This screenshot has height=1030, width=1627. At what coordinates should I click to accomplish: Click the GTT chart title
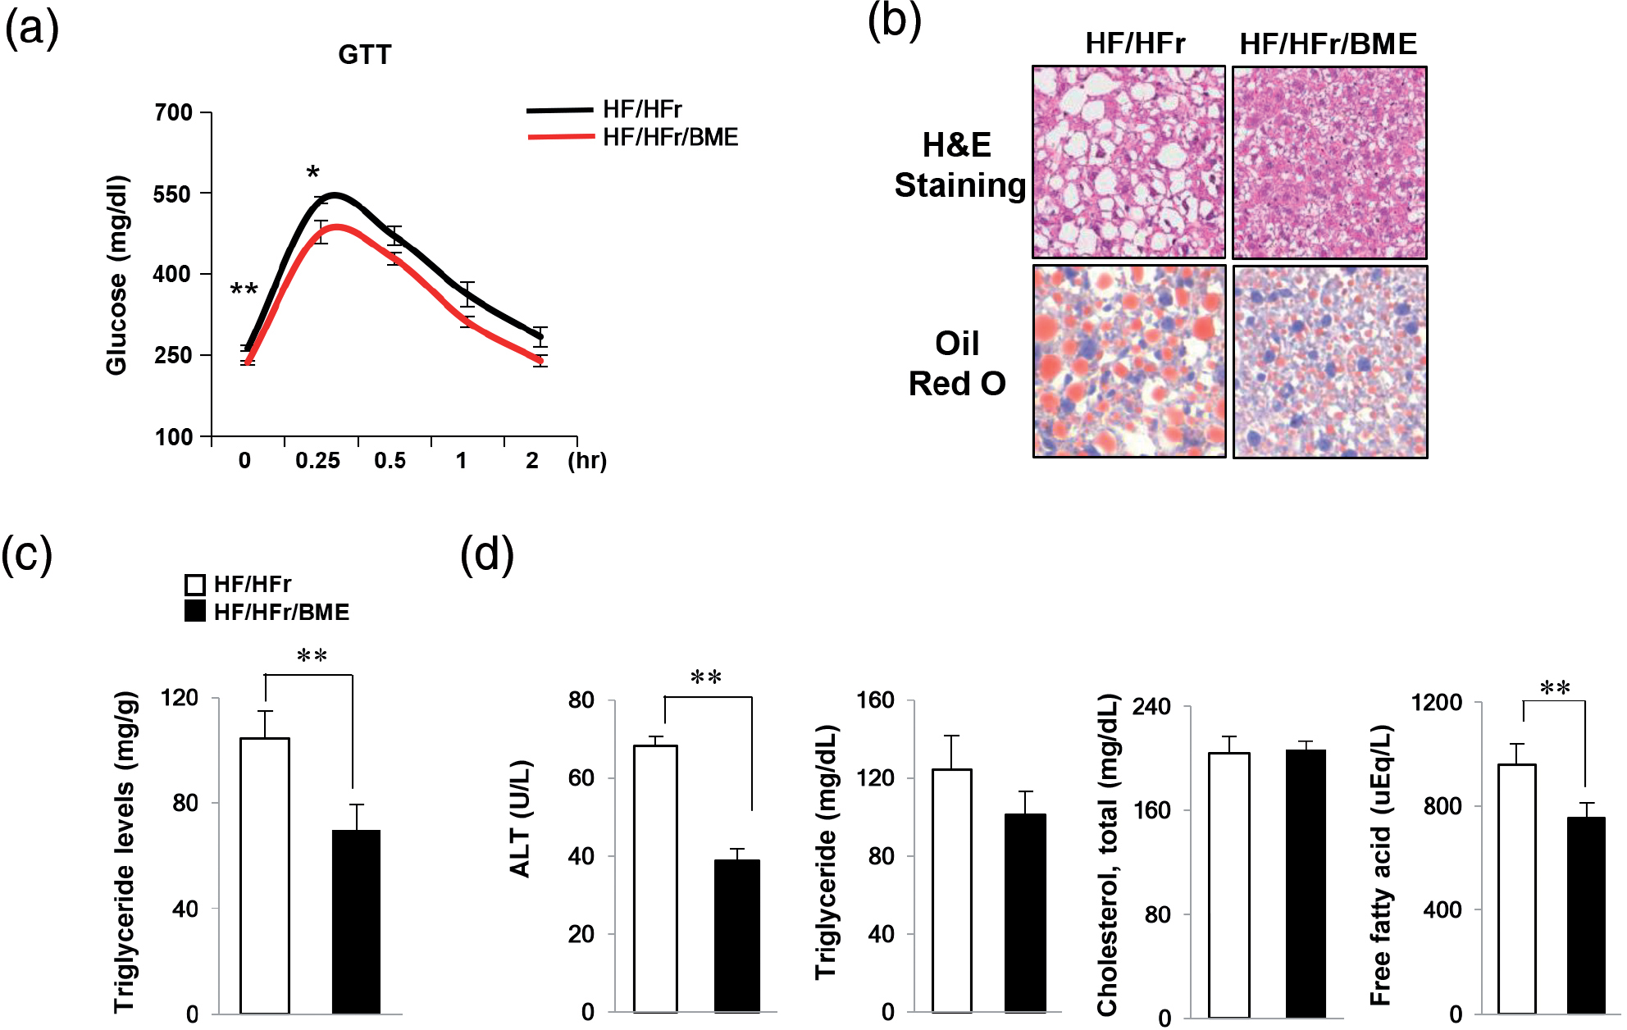click(365, 55)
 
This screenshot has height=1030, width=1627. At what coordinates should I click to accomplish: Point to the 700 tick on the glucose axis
click(174, 112)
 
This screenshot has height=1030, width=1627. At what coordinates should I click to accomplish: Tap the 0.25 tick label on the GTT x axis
click(317, 461)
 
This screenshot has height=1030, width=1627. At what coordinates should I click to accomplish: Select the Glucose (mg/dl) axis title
click(117, 275)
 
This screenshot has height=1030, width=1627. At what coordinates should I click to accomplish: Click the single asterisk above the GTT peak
click(312, 173)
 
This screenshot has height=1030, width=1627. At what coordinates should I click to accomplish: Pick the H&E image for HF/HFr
click(1128, 162)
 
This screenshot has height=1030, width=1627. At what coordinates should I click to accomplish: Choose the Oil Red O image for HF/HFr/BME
click(1329, 362)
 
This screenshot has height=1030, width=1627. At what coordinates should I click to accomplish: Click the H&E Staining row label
click(958, 166)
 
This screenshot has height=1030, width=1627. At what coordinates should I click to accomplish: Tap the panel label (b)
click(894, 21)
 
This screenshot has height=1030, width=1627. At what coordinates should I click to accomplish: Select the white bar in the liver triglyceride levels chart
click(265, 875)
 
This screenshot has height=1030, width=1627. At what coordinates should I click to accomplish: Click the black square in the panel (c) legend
click(195, 612)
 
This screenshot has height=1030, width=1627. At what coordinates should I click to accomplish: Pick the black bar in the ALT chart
click(736, 936)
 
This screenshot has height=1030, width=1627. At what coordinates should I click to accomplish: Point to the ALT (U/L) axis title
click(521, 818)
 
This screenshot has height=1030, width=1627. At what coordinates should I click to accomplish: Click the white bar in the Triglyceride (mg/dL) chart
click(951, 890)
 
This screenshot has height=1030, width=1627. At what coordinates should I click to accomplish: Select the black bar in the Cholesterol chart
click(1306, 883)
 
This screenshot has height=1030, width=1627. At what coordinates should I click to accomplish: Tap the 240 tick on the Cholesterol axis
click(1151, 707)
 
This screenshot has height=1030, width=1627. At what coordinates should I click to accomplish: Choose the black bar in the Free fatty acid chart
click(1586, 914)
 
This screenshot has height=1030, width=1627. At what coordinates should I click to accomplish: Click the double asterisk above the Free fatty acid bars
click(1555, 687)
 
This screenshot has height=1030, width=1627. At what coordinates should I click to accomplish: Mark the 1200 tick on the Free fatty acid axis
click(1437, 703)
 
